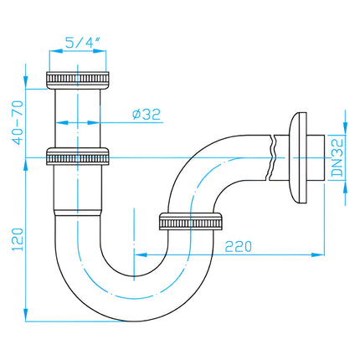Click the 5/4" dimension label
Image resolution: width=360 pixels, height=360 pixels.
tap(82, 43)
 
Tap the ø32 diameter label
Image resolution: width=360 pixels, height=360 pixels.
tap(147, 114)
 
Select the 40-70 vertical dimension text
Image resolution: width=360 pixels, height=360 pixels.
tap(18, 123)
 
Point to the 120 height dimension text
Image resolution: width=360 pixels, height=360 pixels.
tap(18, 239)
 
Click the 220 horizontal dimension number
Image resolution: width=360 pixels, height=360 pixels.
tap(239, 246)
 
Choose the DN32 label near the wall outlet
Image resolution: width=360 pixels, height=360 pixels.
tap(337, 157)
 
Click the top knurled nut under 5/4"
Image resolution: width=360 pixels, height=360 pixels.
tap(77, 80)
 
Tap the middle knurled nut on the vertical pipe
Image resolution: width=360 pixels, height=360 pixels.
tap(77, 157)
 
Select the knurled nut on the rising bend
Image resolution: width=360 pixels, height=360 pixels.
tap(191, 222)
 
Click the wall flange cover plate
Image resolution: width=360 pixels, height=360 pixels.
tap(298, 157)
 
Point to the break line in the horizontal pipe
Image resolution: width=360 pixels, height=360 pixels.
tap(271, 157)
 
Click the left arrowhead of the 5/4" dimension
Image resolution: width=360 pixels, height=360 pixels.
tap(56, 51)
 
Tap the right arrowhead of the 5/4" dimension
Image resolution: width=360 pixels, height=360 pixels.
tap(100, 51)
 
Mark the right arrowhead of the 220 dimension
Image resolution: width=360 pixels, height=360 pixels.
tap(318, 255)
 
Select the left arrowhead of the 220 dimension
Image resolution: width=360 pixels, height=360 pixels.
tap(141, 255)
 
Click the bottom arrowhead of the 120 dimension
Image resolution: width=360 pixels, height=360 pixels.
tap(25, 315)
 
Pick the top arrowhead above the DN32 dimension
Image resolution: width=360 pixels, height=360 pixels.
tap(346, 128)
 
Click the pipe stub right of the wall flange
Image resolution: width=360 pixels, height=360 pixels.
tap(316, 157)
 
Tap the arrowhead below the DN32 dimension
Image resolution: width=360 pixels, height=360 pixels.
tap(346, 188)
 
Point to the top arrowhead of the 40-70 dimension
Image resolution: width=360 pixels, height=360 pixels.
tap(25, 82)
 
